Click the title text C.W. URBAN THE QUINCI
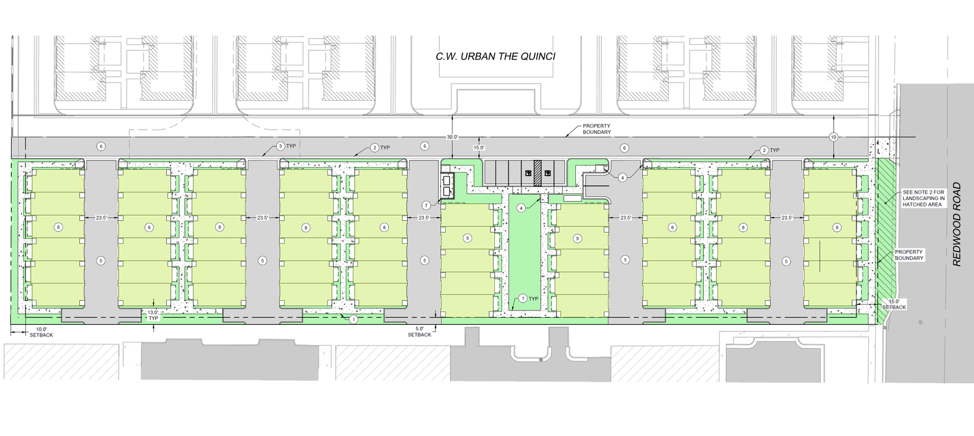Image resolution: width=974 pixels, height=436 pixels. click(495, 57)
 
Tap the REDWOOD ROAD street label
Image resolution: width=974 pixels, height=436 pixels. click(956, 224)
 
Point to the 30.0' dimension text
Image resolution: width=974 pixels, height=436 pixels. click(452, 137)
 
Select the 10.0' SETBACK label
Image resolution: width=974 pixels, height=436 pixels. click(41, 332)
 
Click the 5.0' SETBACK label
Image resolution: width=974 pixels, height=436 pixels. click(419, 331)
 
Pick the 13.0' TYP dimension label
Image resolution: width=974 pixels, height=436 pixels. click(153, 316)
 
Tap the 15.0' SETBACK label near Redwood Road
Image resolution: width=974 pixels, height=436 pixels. click(894, 304)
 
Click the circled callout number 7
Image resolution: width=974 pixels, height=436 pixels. click(426, 205)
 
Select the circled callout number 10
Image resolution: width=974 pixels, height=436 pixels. click(834, 137)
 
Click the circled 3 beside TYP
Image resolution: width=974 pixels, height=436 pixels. click(281, 146)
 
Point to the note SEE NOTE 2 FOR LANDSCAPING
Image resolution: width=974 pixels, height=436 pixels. click(923, 198)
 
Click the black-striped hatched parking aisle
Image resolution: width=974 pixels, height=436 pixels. click(538, 173)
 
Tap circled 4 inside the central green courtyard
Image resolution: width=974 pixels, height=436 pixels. click(521, 209)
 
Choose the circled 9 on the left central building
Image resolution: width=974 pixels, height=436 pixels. click(468, 238)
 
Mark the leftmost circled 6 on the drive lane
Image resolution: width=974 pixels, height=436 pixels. click(101, 147)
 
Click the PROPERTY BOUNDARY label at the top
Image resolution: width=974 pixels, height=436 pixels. click(597, 129)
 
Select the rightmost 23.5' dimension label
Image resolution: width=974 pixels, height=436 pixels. click(786, 218)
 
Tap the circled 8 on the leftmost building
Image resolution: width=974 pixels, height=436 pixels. click(58, 227)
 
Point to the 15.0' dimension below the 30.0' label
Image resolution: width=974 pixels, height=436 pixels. click(479, 147)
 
